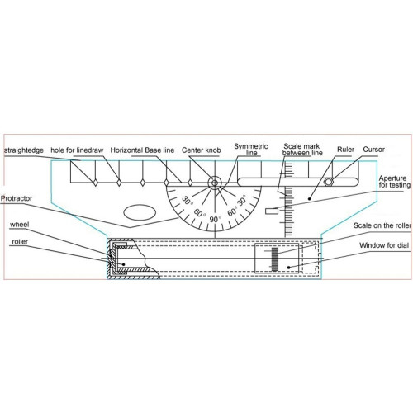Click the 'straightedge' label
point(24,150)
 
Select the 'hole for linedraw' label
point(77,150)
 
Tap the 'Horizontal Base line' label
point(142,150)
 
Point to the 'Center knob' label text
point(201,150)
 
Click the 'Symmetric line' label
point(251,150)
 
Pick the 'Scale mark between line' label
point(302,150)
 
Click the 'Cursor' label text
point(373,150)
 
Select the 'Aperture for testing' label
point(394,182)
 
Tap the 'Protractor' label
point(17,198)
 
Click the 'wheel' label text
point(19,225)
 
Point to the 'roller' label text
point(20,241)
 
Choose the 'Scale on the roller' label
point(382,225)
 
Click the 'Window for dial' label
point(384,245)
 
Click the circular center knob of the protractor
point(215,183)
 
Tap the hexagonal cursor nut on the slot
point(329,182)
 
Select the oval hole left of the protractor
point(140,212)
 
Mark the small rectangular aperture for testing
point(272,211)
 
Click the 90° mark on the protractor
point(215,220)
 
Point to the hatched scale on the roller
point(275,259)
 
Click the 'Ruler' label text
point(345,150)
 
